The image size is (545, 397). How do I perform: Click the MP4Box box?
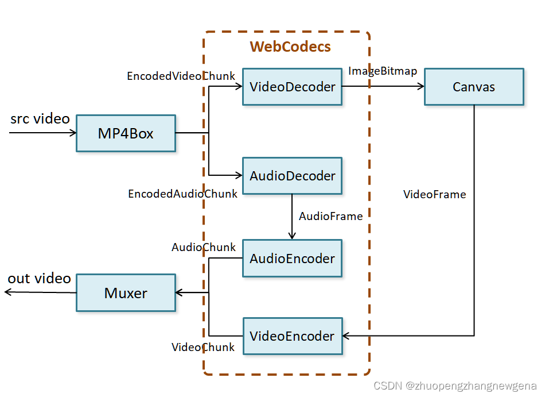[126, 133]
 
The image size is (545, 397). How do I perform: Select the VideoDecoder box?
[292, 87]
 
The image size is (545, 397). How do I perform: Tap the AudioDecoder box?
[292, 176]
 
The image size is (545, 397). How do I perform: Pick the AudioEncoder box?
[292, 259]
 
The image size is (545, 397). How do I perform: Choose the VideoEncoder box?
[293, 336]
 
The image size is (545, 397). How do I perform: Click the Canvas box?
[474, 87]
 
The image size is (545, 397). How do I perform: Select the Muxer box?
[126, 293]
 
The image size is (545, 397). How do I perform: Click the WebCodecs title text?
[290, 47]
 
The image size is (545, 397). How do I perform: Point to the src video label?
[40, 119]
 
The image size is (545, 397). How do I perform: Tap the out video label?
[39, 279]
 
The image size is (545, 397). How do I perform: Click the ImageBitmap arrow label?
[383, 71]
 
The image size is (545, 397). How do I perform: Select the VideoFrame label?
[434, 194]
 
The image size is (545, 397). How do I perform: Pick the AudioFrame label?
[330, 216]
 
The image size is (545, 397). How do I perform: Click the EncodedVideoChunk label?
[181, 76]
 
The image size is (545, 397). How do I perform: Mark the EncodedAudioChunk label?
[182, 194]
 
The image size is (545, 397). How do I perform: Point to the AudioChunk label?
[204, 247]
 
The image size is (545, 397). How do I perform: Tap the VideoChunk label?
[203, 347]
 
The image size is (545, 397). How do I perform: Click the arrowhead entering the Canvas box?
[420, 87]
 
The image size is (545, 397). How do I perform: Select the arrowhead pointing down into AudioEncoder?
[292, 235]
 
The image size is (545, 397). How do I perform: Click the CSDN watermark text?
[454, 386]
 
